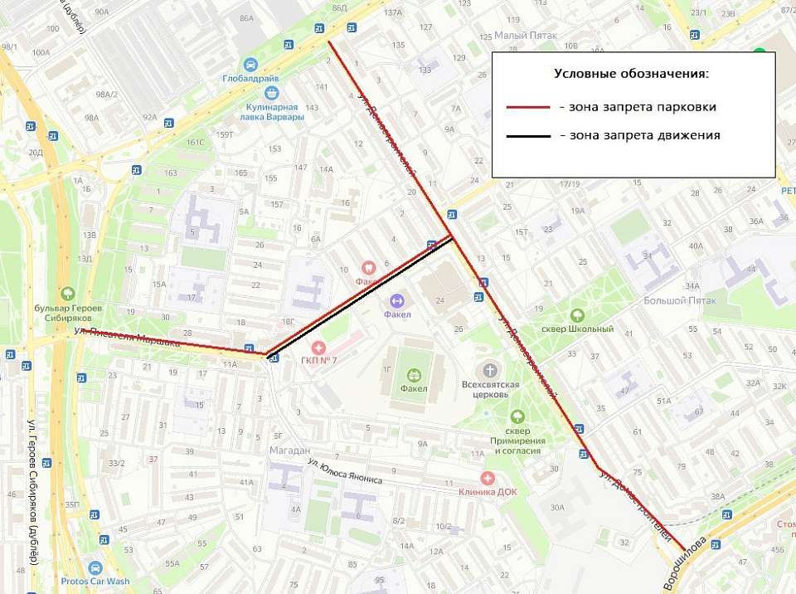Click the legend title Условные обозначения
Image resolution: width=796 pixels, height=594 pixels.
coord(631,74)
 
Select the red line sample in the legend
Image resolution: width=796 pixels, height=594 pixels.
coord(527,107)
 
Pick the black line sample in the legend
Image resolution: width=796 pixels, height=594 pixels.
coord(527,135)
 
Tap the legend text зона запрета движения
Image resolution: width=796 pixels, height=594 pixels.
coord(639,135)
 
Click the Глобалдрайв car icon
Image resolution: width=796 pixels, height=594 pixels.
coord(250,65)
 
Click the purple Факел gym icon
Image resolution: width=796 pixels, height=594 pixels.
coord(396,300)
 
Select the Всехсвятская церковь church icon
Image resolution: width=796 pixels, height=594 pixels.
coord(490,370)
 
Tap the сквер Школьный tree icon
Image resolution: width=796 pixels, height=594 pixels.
coord(577,315)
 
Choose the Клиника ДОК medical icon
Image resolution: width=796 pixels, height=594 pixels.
coord(487,478)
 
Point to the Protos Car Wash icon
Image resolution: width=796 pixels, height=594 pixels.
coord(95,568)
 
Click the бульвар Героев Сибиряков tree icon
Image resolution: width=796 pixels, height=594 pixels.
coord(67,294)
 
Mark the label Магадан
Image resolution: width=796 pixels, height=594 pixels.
coord(289,450)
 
